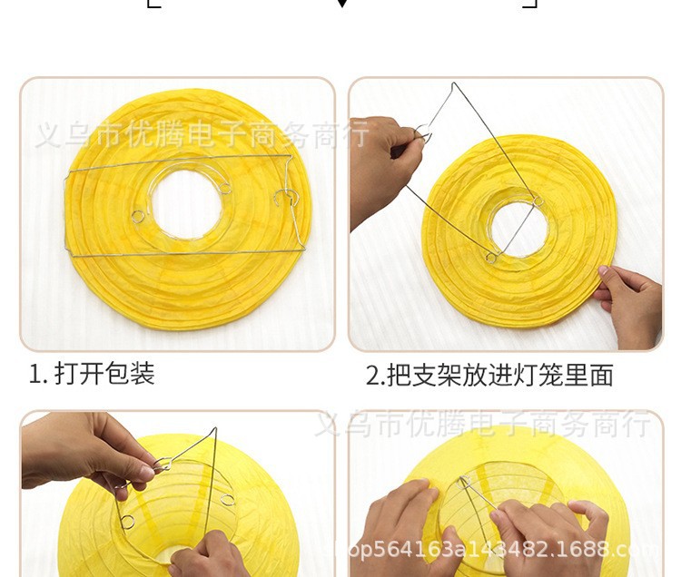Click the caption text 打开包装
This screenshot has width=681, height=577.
click(105, 373)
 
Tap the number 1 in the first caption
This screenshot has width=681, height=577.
click(34, 374)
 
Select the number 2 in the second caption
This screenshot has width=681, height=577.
click(371, 375)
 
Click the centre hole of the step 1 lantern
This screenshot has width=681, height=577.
click(186, 204)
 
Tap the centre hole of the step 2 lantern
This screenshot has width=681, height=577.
click(518, 228)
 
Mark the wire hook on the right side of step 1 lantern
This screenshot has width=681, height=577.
click(285, 197)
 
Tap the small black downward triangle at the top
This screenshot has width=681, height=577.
click(341, 4)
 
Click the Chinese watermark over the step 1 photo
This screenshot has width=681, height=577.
click(202, 135)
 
